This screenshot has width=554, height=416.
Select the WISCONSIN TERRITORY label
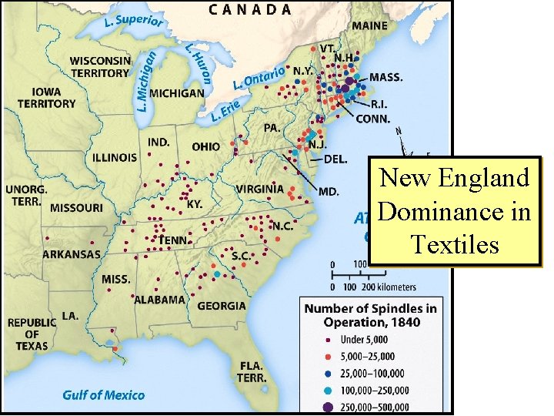(x=100, y=67)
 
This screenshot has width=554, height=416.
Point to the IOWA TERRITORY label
(x=47, y=97)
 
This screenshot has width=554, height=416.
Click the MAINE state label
(x=370, y=25)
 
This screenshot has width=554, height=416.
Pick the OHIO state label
(x=205, y=146)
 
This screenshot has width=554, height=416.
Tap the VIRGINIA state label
(x=260, y=189)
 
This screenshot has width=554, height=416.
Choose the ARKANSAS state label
(x=72, y=254)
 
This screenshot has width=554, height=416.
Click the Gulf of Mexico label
(x=103, y=395)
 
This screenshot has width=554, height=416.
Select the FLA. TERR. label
(x=252, y=371)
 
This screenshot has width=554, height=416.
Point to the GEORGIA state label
(x=222, y=306)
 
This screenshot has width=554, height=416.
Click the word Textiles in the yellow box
(x=455, y=244)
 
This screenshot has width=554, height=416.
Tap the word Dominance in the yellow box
(x=455, y=211)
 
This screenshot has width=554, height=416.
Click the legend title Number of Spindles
(x=370, y=315)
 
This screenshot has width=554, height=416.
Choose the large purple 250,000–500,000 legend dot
(x=328, y=408)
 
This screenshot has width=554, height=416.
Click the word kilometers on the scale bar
(x=393, y=287)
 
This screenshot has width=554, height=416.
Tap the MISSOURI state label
(x=76, y=208)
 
